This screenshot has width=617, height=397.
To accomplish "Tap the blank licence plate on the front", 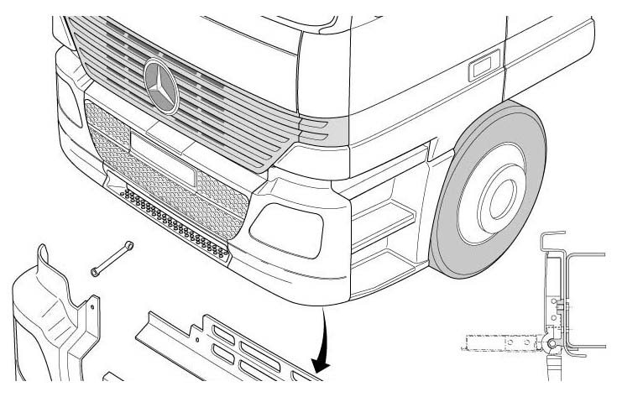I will coord(162,165).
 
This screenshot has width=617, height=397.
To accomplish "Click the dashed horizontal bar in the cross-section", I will coord(496,342).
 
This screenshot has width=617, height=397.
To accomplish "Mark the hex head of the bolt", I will coord(129,247).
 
